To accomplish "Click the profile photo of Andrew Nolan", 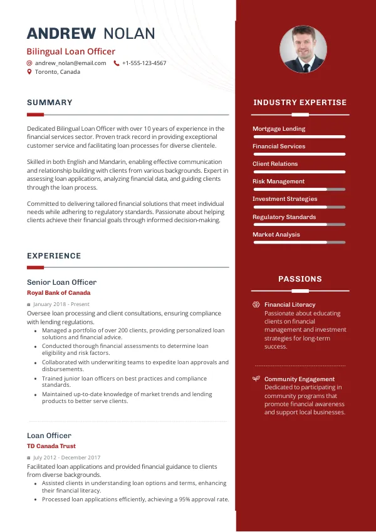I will [303, 49].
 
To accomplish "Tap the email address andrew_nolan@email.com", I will [70, 63].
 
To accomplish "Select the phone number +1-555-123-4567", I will [144, 63].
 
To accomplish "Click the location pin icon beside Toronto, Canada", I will [29, 72].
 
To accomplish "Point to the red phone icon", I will [117, 63].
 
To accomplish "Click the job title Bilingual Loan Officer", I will [71, 51].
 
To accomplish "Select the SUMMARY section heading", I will [50, 103].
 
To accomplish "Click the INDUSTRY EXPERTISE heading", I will [300, 103].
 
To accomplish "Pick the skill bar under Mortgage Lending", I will [299, 136].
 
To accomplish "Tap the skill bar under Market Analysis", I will [299, 242].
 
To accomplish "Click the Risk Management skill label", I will [278, 182].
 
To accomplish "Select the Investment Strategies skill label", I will [285, 199].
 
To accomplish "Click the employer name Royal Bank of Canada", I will [58, 293].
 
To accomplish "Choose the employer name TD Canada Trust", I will [51, 446].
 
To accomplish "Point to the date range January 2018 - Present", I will [61, 304].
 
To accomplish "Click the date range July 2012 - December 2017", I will [70, 458].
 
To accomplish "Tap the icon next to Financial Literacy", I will [256, 305].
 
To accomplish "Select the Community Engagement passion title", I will [299, 379].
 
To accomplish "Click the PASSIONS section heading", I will [300, 279].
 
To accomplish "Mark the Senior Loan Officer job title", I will [61, 282].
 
